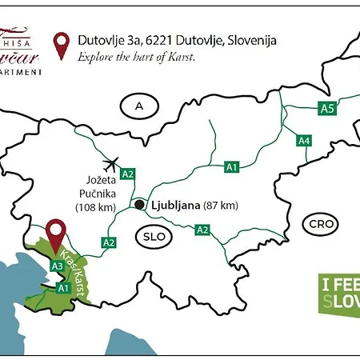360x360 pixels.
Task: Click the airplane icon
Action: [110, 163]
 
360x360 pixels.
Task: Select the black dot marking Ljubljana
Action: [139, 205]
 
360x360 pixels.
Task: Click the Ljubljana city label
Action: [176, 205]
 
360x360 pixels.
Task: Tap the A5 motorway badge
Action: [326, 108]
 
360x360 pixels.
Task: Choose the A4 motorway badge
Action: [304, 141]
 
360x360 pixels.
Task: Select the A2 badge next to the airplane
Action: [128, 174]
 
